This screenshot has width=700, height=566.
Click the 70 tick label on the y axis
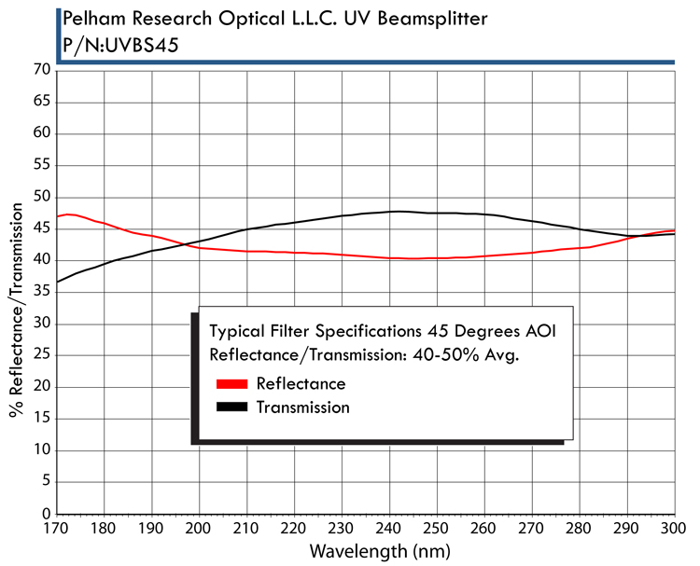click(41, 70)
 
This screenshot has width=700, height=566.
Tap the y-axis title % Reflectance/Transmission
click(17, 292)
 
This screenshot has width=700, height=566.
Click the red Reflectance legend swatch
click(231, 383)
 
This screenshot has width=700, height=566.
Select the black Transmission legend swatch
click(231, 407)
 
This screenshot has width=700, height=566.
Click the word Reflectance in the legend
click(301, 383)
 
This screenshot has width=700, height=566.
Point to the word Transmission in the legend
click(302, 407)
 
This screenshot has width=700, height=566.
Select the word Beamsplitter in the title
click(435, 18)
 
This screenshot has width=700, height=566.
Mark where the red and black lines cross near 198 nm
click(187, 245)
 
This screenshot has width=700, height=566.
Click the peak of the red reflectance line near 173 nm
click(69, 214)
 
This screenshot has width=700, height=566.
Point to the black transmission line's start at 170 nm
click(58, 282)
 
